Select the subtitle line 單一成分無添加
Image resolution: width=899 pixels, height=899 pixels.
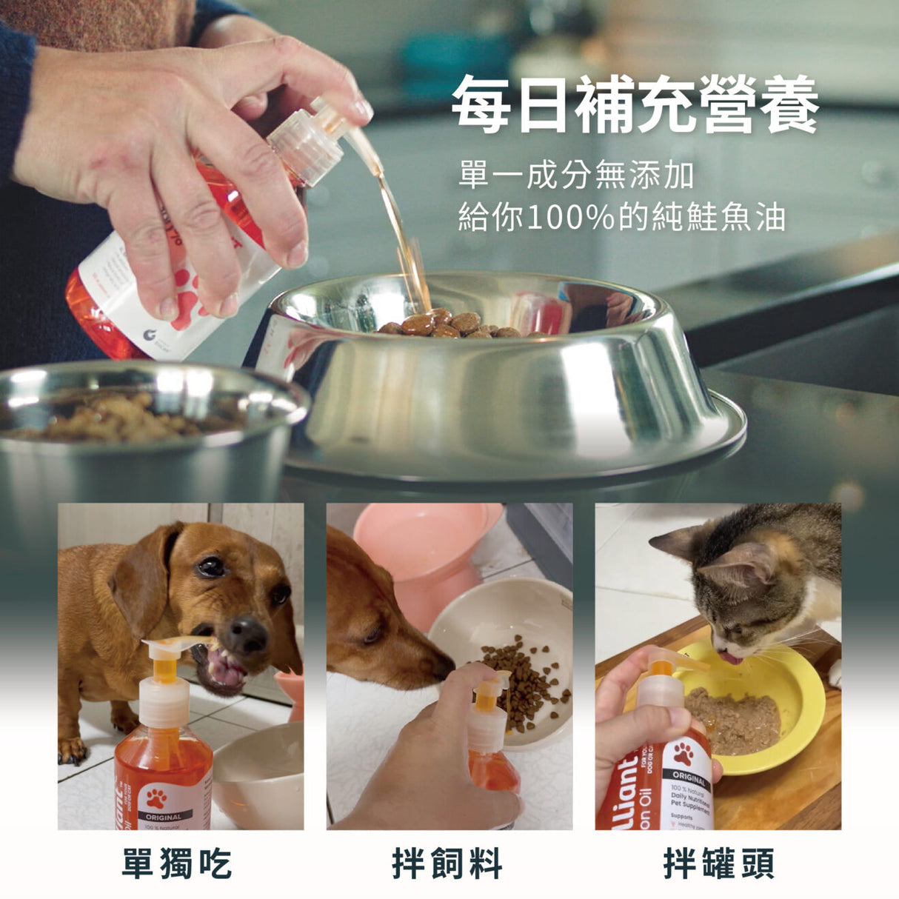(x=576, y=176)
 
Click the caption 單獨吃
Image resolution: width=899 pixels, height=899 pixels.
(x=178, y=863)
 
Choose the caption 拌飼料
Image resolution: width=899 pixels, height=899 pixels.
(x=447, y=863)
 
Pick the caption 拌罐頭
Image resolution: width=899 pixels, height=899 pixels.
(x=718, y=863)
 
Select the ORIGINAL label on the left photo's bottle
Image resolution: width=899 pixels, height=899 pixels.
(x=163, y=817)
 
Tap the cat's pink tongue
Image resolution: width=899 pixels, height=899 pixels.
(x=731, y=657)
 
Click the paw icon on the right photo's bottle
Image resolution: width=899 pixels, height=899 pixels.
(x=683, y=754)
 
